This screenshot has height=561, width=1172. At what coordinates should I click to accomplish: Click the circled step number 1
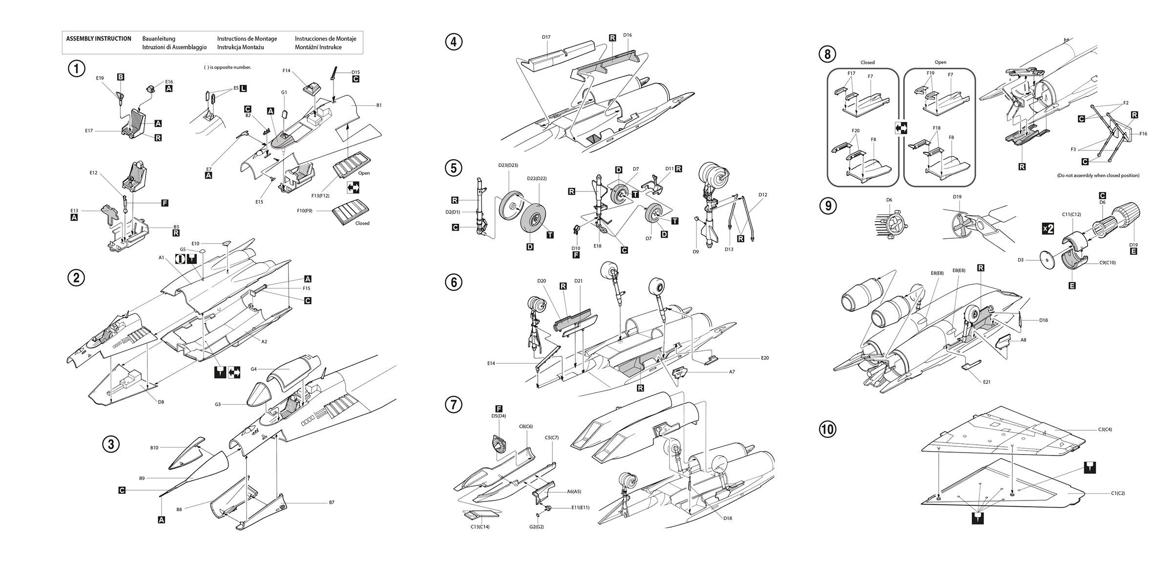coord(76,69)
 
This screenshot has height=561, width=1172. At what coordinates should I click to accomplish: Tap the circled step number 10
coord(828,430)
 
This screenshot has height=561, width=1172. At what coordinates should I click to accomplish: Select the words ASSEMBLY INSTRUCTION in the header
coord(99,39)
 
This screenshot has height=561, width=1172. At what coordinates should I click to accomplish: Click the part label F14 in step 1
coord(286,71)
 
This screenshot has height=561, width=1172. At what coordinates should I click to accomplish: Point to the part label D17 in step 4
coord(546,37)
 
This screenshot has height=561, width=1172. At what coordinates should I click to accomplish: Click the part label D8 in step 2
coord(161,402)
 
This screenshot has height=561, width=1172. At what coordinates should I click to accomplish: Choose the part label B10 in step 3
coord(154,448)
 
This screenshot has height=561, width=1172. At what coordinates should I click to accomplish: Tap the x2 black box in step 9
coord(1048,229)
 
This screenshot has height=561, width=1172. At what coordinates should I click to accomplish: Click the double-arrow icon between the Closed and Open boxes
coord(900,128)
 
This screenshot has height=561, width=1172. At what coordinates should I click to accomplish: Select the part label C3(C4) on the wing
coord(1105,430)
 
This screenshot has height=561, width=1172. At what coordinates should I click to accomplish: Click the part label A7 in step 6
coord(732,372)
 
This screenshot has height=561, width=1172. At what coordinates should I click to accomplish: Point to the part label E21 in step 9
coord(986,382)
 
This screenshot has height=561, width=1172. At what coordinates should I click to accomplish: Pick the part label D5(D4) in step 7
coord(498,416)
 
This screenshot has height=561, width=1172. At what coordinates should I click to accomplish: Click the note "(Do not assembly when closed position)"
coord(1098,175)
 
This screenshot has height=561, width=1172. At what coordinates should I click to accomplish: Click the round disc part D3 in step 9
coord(1044,260)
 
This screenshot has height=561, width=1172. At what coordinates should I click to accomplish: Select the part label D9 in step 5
coord(695,252)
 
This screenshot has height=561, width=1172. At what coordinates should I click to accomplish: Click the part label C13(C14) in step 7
coord(480,527)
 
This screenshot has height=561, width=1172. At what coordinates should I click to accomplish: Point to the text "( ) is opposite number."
coord(228,67)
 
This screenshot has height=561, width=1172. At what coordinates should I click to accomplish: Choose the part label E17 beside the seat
coord(88,131)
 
